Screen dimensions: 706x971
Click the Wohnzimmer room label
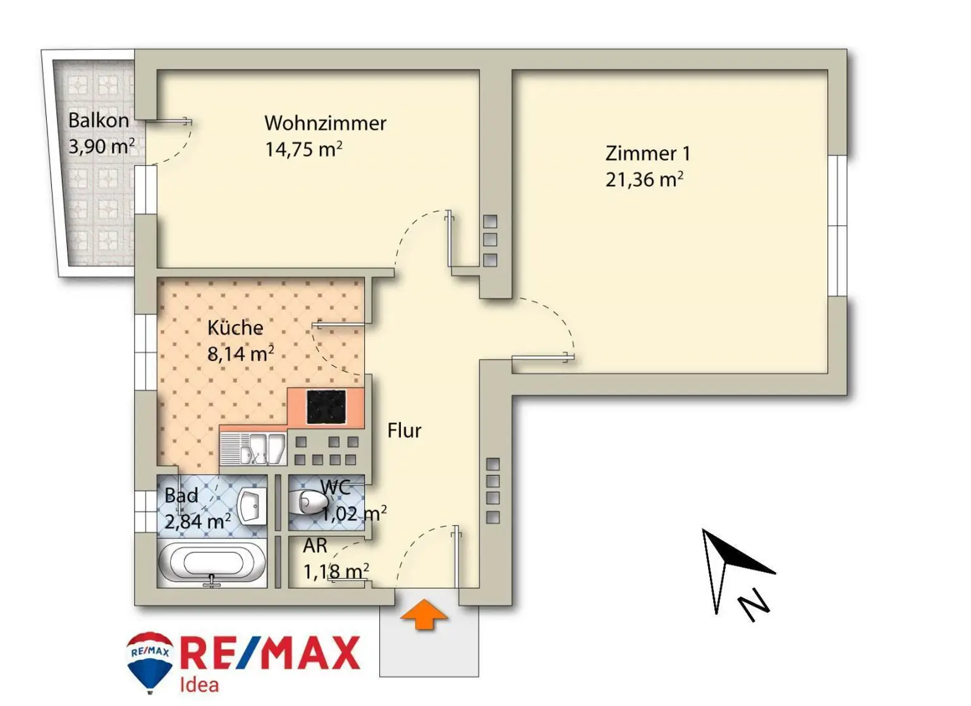[x=325, y=123]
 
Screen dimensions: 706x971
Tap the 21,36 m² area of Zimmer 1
[x=644, y=180]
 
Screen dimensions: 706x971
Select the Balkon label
[x=98, y=120]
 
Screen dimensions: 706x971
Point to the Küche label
[x=235, y=328]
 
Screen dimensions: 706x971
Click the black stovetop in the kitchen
[x=326, y=407]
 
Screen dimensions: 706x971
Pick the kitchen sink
[x=253, y=448]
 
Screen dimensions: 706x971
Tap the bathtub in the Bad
[x=212, y=562]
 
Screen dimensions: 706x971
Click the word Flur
[x=404, y=431]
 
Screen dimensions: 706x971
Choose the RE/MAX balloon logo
[x=150, y=660]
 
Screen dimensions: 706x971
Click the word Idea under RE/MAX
[x=199, y=685]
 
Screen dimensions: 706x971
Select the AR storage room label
[x=315, y=545]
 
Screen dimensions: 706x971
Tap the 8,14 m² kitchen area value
[x=240, y=353]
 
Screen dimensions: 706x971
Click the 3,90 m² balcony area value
[x=101, y=147]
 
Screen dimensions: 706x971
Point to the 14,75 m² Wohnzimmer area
[x=303, y=149]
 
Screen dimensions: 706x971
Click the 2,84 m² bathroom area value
[x=197, y=521]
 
